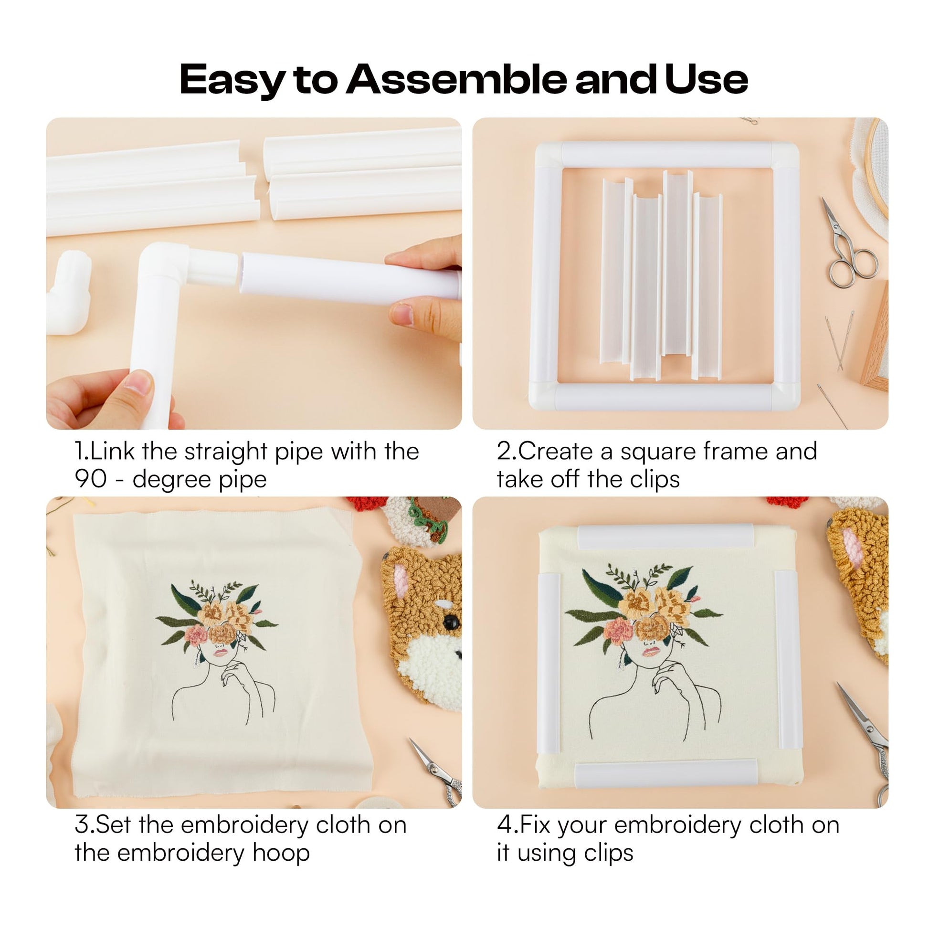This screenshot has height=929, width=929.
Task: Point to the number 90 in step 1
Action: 90,479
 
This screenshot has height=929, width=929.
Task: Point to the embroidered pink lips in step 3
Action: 221,653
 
